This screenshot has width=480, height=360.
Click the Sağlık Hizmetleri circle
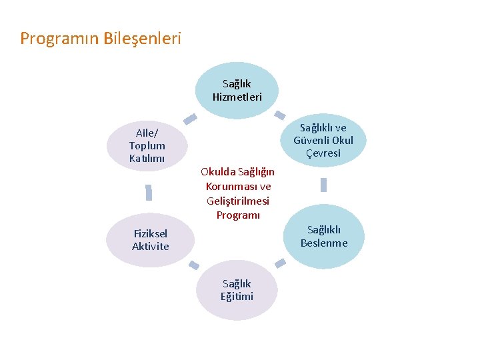click(237, 90)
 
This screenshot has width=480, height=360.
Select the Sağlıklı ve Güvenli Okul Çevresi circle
click(323, 141)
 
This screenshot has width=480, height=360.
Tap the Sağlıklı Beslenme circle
click(323, 236)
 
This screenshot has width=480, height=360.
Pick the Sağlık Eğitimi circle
click(237, 290)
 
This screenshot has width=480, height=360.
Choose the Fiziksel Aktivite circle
click(150, 240)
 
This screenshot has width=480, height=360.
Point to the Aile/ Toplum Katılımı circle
click(147, 145)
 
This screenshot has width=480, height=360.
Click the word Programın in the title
click(59, 38)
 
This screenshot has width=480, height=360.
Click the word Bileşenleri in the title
click(142, 38)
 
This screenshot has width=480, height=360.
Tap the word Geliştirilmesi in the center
click(238, 201)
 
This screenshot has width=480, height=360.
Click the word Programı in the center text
click(237, 215)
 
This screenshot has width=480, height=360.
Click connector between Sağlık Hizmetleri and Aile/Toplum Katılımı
click(190, 119)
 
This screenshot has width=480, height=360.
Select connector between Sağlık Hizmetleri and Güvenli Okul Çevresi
click(281, 115)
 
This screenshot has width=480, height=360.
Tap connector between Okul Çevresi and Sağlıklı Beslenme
click(324, 185)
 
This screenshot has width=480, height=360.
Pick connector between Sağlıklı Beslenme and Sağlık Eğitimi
click(281, 264)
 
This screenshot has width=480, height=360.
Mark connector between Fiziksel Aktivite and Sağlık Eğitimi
click(193, 265)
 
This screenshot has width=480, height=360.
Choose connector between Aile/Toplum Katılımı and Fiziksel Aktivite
click(149, 193)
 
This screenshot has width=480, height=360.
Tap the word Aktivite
click(150, 247)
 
